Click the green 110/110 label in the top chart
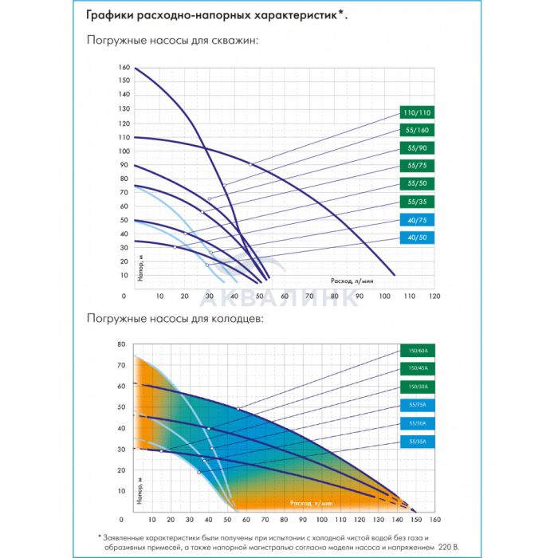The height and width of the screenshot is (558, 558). tap(417, 112)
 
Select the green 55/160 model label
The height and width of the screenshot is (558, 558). tap(417, 130)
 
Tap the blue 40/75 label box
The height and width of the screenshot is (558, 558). tap(417, 220)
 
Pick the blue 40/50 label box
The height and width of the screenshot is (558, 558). tap(417, 238)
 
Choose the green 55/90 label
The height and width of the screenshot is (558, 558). tap(417, 148)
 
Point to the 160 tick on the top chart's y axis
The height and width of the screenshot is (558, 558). tap(124, 67)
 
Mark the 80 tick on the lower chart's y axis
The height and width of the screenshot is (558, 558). tap(122, 344)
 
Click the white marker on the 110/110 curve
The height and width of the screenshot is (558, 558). tap(250, 164)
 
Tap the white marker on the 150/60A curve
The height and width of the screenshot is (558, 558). tap(238, 409)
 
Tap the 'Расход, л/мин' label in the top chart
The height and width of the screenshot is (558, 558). tap(352, 281)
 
